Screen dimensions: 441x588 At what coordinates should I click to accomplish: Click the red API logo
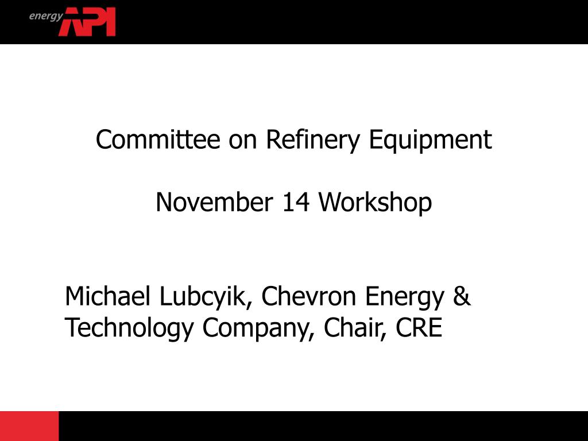click(x=87, y=22)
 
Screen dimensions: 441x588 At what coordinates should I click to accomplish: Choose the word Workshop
click(x=376, y=203)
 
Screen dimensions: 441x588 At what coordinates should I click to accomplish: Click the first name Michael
click(x=109, y=296)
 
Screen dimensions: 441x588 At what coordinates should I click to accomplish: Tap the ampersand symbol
click(x=462, y=296)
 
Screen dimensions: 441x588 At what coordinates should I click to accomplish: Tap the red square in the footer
click(x=29, y=426)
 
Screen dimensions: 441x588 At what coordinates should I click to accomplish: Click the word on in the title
click(x=242, y=140)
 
